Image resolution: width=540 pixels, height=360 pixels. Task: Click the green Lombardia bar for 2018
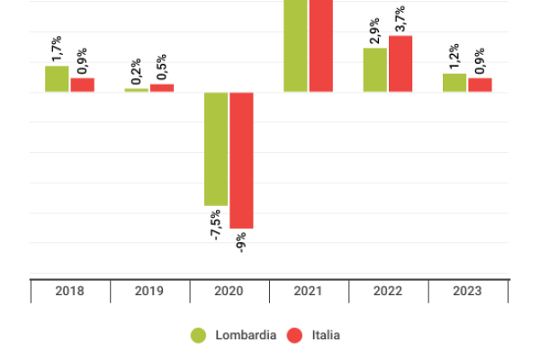[57, 79]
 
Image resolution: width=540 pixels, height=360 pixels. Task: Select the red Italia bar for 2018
[83, 85]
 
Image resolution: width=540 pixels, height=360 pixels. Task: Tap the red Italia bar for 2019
[162, 88]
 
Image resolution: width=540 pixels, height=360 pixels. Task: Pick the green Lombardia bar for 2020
[216, 148]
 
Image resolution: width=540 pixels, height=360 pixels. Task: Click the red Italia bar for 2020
[241, 160]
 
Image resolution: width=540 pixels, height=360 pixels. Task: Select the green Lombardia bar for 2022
[375, 70]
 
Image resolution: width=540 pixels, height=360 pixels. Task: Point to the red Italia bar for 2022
[400, 64]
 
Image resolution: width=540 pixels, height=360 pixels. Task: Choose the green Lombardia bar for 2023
[454, 83]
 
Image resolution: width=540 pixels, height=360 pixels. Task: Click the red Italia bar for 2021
[321, 45]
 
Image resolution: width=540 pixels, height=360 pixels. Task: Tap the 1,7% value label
[57, 49]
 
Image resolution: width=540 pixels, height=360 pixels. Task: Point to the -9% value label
[241, 241]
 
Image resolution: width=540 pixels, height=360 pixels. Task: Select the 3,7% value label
[400, 18]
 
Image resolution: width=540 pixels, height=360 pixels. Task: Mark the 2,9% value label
[375, 31]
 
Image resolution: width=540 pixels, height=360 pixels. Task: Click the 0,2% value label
[136, 72]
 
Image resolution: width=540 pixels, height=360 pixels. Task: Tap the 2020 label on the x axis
[229, 292]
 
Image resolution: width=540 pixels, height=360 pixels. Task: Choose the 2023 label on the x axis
[467, 292]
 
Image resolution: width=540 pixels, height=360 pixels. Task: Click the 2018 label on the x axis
[69, 292]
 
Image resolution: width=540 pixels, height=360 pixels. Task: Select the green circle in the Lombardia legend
[199, 335]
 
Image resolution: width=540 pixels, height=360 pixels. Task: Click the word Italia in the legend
[326, 335]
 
